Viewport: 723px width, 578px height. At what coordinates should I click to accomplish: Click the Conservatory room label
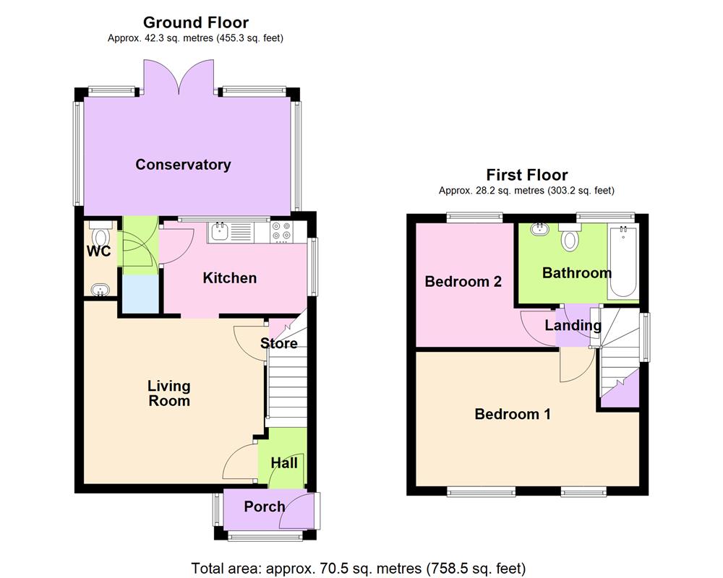(183, 165)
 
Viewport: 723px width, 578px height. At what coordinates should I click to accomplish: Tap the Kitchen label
(229, 278)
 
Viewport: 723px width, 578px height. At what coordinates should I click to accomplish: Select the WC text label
(98, 252)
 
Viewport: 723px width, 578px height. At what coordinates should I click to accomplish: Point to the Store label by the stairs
(279, 343)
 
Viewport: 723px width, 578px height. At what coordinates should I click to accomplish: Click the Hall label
(283, 463)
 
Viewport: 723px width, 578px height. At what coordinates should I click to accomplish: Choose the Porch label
(265, 506)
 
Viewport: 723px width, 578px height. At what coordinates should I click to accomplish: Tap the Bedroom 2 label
(463, 282)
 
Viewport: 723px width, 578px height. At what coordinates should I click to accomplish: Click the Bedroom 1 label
(513, 414)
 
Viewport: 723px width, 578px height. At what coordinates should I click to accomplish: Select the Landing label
(573, 326)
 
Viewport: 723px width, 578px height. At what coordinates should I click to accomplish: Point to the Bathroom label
(577, 273)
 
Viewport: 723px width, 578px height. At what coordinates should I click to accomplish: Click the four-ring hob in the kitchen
(281, 232)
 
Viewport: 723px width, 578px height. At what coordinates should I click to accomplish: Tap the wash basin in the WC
(99, 290)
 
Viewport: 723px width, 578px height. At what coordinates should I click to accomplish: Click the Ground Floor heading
(196, 23)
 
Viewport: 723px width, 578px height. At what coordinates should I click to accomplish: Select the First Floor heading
(526, 175)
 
